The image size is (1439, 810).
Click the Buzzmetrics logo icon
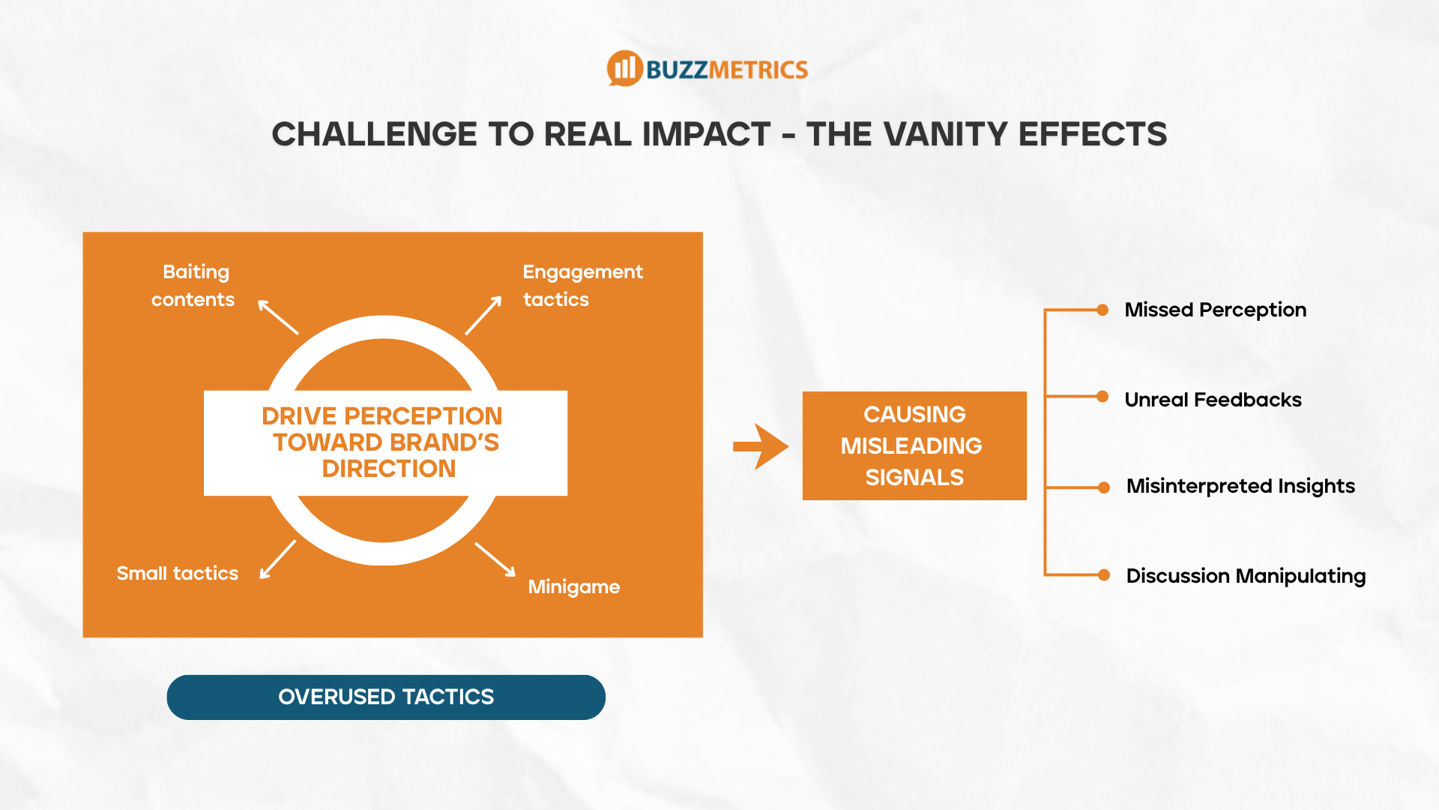tap(624, 69)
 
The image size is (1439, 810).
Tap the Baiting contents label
tap(193, 286)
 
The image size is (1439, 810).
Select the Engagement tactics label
tap(582, 286)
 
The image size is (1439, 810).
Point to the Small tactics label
tap(178, 574)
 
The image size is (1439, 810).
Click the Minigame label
tap(574, 586)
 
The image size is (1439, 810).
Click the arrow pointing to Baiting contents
tap(278, 317)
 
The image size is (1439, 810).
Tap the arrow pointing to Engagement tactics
tap(483, 315)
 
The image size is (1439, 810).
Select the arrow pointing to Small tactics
tap(277, 560)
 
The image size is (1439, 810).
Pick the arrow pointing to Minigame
tap(495, 559)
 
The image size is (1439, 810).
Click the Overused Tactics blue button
tap(386, 697)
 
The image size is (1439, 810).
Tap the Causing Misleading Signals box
tap(914, 445)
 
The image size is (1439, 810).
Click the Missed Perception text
tap(1215, 310)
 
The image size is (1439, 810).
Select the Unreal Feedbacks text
tap(1213, 400)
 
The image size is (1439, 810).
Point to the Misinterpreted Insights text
tap(1240, 486)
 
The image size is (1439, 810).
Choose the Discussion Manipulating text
tap(1246, 576)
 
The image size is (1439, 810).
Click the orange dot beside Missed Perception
tap(1102, 310)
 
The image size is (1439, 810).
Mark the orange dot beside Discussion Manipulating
tap(1103, 575)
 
